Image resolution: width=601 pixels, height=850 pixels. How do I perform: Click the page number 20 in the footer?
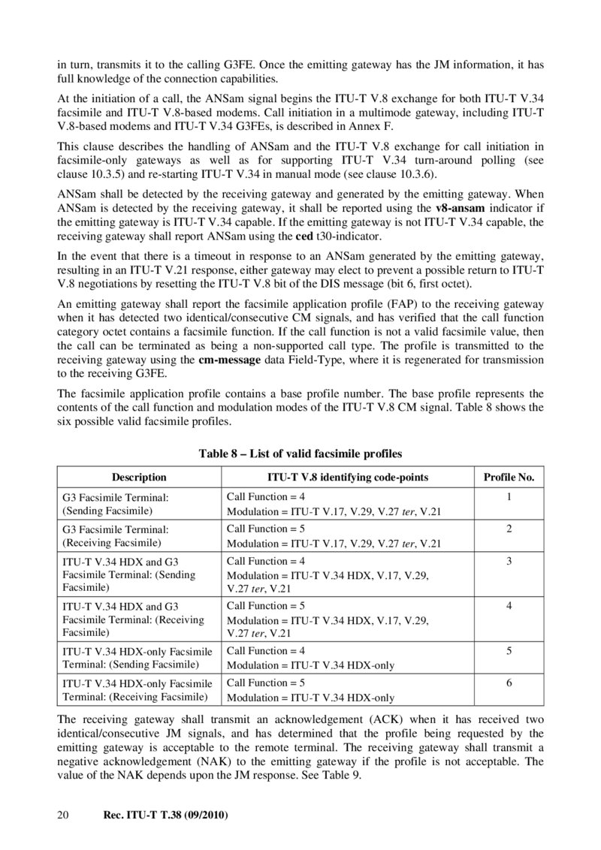63,815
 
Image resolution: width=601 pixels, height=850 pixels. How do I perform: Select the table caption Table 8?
300,454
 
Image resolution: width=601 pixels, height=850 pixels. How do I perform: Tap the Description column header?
139,477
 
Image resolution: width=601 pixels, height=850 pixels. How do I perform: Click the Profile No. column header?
509,477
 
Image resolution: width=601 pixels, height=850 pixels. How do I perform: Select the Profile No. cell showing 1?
509,497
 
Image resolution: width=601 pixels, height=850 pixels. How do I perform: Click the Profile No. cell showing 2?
509,529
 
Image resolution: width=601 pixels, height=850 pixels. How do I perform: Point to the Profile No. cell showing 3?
509,561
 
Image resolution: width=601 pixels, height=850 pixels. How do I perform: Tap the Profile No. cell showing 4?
509,606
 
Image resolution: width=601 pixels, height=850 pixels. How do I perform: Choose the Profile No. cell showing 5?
509,651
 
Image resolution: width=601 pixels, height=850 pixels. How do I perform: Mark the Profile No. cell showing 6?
509,683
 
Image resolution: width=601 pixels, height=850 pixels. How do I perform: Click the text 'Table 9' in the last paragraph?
346,776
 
